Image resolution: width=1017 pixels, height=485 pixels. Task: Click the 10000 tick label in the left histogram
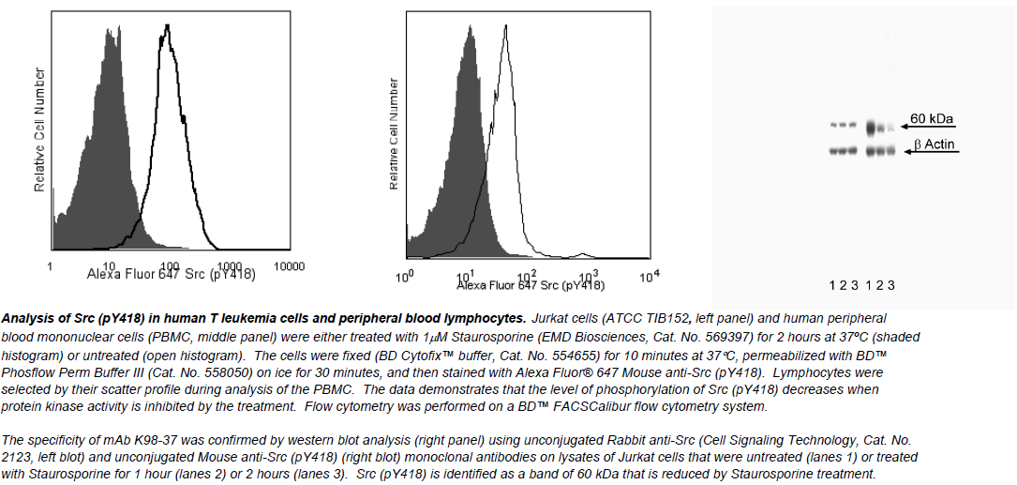tap(289, 266)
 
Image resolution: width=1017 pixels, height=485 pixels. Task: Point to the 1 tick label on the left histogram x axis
tap(50, 266)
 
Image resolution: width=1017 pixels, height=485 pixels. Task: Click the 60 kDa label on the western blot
tap(933, 119)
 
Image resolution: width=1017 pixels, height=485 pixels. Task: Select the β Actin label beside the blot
tap(935, 144)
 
